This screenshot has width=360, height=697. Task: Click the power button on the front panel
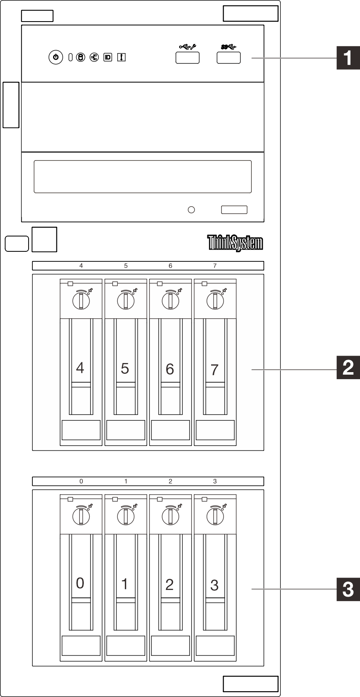(56, 57)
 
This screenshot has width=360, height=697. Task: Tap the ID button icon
(108, 57)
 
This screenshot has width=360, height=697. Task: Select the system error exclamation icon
(122, 57)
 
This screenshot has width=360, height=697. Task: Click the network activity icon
(94, 57)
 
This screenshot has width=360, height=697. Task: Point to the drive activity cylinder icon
(80, 57)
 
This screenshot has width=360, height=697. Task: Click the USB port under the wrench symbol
(187, 58)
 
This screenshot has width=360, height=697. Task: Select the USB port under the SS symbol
(229, 58)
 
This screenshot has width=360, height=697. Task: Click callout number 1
(348, 58)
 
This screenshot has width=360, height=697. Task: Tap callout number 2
(348, 368)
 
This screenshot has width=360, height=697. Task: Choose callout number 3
(348, 589)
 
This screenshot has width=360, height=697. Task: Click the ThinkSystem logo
(235, 243)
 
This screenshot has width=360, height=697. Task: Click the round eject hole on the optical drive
(191, 210)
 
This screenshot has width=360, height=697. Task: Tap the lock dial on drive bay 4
(81, 301)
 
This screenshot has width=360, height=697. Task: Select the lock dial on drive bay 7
(215, 301)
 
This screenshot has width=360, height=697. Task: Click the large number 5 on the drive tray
(125, 368)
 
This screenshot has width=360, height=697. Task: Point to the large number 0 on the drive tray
(80, 583)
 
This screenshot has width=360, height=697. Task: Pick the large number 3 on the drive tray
(214, 585)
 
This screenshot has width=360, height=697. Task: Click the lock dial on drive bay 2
(170, 517)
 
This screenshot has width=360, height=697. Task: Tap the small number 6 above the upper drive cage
(170, 266)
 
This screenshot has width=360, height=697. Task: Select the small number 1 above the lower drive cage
(126, 481)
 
